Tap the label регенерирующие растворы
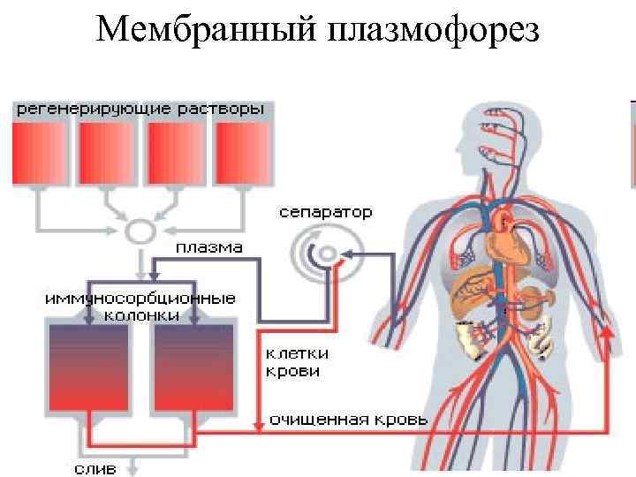coord(138,110)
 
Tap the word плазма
coord(208,247)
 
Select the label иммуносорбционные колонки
coord(140,306)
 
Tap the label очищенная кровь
coord(348,419)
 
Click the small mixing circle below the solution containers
coord(139,232)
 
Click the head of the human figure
coord(500,132)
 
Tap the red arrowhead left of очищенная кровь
coord(257,426)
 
